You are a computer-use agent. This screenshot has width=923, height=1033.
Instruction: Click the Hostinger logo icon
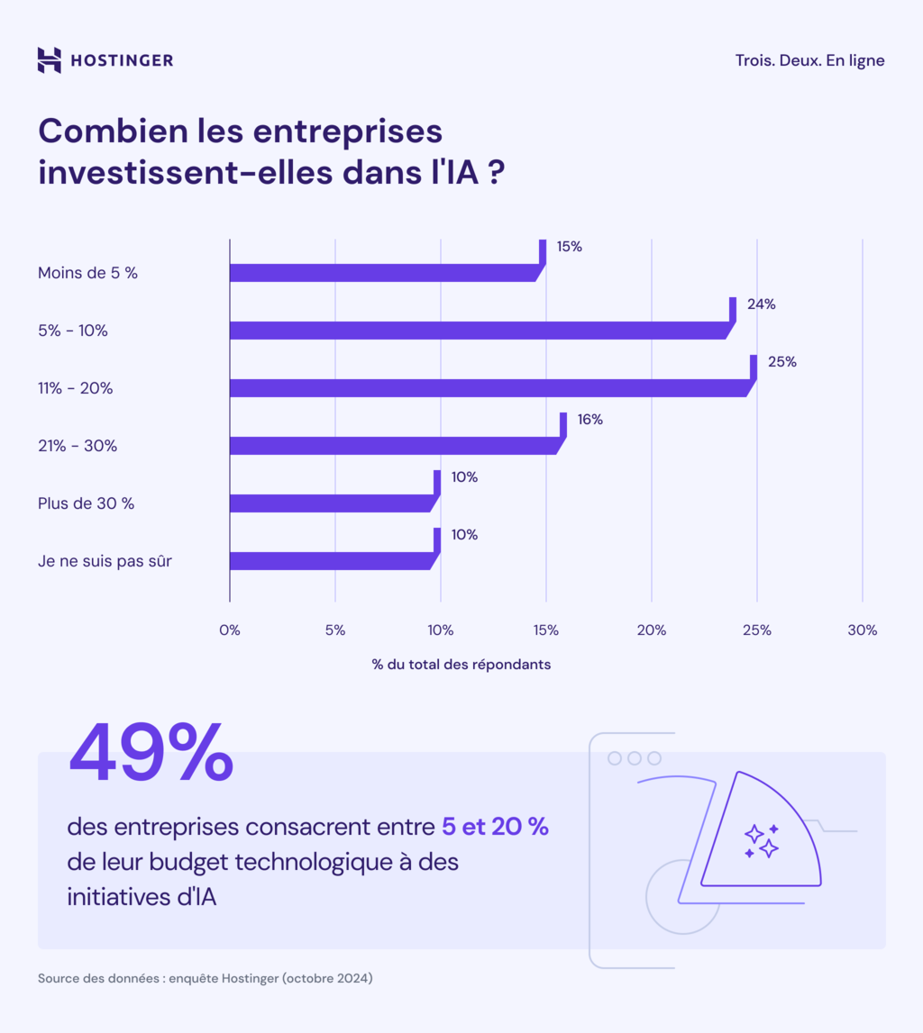pos(50,60)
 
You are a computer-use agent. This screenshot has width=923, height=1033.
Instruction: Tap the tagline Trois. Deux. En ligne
pos(809,60)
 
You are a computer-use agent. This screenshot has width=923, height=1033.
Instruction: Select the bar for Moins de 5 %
pos(382,273)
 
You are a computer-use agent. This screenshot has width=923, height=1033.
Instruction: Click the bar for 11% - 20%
pos(487,388)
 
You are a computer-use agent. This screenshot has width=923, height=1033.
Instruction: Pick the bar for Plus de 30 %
pos(330,503)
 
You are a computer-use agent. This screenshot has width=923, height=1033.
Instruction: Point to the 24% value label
pos(761,304)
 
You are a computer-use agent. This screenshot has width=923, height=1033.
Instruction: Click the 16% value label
pos(589,420)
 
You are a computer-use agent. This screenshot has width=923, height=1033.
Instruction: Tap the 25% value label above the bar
pos(781,362)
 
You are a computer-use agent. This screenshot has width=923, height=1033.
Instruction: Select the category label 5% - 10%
pos(73,331)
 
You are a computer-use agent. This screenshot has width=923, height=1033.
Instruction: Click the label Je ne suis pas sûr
pos(105,561)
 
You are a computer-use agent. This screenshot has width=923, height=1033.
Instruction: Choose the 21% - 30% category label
pos(78,446)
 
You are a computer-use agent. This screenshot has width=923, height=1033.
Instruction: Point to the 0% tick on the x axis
pos(230,630)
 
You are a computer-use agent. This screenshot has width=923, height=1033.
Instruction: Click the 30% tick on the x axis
pos(862,630)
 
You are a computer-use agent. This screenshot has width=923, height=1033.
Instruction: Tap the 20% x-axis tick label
pos(651,630)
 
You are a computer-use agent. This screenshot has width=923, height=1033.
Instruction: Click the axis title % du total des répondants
pos(461,665)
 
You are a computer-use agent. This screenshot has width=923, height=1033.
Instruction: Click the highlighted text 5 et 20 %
pos(495,827)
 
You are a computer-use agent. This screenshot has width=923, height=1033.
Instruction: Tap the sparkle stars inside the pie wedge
pos(762,839)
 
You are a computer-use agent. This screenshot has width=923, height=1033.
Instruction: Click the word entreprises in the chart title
pos(347,131)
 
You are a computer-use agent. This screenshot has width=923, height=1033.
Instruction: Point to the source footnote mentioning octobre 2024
pos(205,978)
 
